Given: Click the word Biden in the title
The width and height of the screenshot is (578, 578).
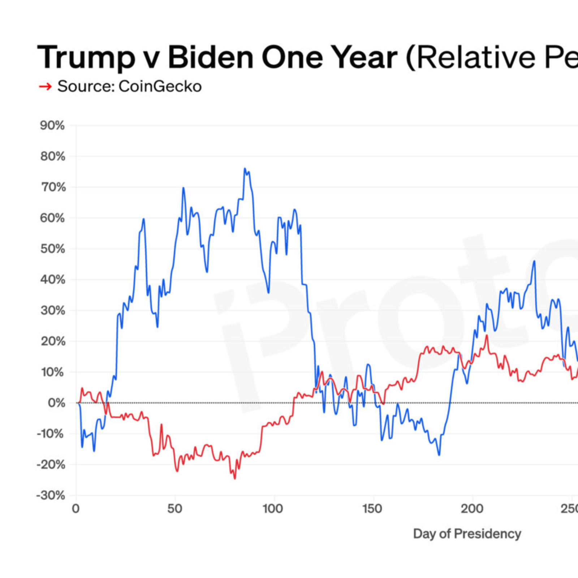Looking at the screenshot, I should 210,58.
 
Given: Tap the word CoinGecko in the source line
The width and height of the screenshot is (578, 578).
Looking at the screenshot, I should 160,87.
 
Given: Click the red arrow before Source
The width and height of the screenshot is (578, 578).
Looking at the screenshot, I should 45,87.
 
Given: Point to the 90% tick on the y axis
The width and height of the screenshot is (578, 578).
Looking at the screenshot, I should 52,125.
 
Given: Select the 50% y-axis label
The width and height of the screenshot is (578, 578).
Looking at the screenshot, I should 52,249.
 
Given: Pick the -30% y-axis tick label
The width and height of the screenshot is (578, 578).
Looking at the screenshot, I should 51,495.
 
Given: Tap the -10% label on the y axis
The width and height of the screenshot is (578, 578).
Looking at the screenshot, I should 51,433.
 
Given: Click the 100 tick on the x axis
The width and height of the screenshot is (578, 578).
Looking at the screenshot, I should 273,509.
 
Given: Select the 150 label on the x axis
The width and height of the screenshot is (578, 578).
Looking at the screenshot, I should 372,509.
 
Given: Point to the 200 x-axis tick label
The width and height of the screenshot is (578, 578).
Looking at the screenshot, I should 472,509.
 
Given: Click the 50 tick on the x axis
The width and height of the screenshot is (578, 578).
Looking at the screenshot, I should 174,509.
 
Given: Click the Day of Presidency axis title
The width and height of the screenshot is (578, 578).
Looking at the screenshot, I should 467,534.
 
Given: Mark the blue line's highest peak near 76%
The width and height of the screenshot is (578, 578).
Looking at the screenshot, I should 245,169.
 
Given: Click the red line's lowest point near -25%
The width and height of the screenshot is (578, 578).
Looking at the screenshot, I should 235,479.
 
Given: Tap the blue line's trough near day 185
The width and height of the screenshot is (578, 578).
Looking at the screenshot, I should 439,455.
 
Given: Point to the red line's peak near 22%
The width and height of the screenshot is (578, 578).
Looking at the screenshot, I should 487,336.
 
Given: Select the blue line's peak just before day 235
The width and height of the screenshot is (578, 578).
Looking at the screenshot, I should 534,261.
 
